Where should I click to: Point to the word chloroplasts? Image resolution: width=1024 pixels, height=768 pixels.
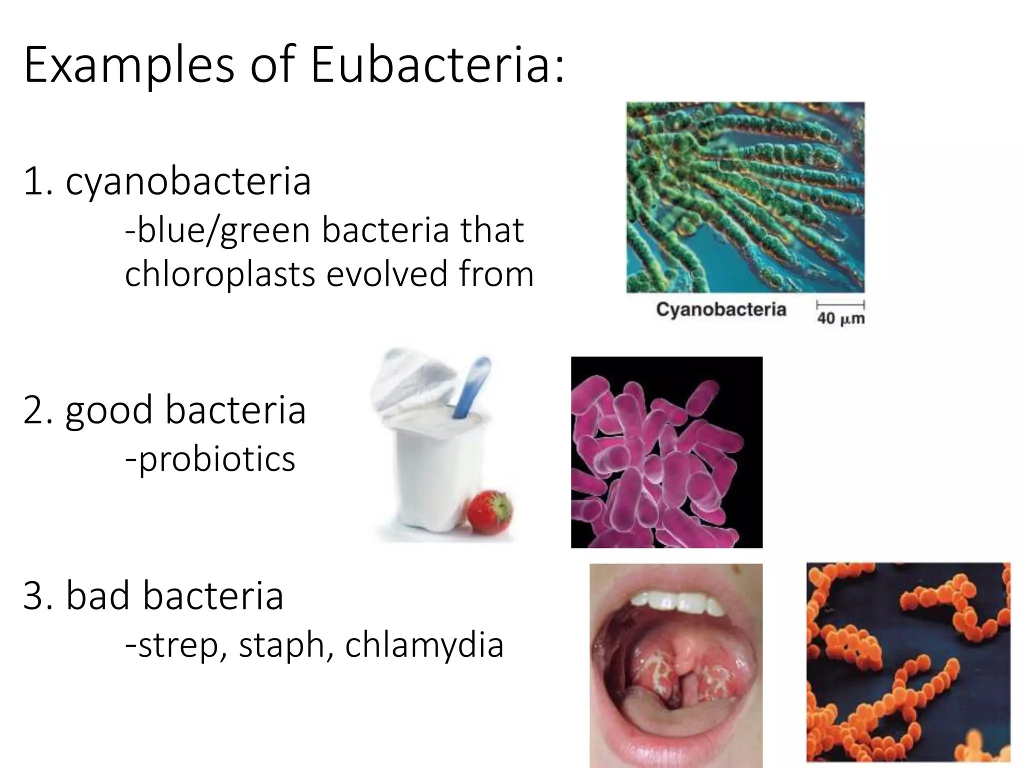[220, 274]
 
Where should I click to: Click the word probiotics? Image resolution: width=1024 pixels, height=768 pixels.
[216, 459]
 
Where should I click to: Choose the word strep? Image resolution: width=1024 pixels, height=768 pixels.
[178, 645]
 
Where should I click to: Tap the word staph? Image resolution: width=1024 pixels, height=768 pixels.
[281, 645]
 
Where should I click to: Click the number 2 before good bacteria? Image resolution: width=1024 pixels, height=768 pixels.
[34, 410]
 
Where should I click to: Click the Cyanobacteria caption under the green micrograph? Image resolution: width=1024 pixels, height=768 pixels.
[721, 309]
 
